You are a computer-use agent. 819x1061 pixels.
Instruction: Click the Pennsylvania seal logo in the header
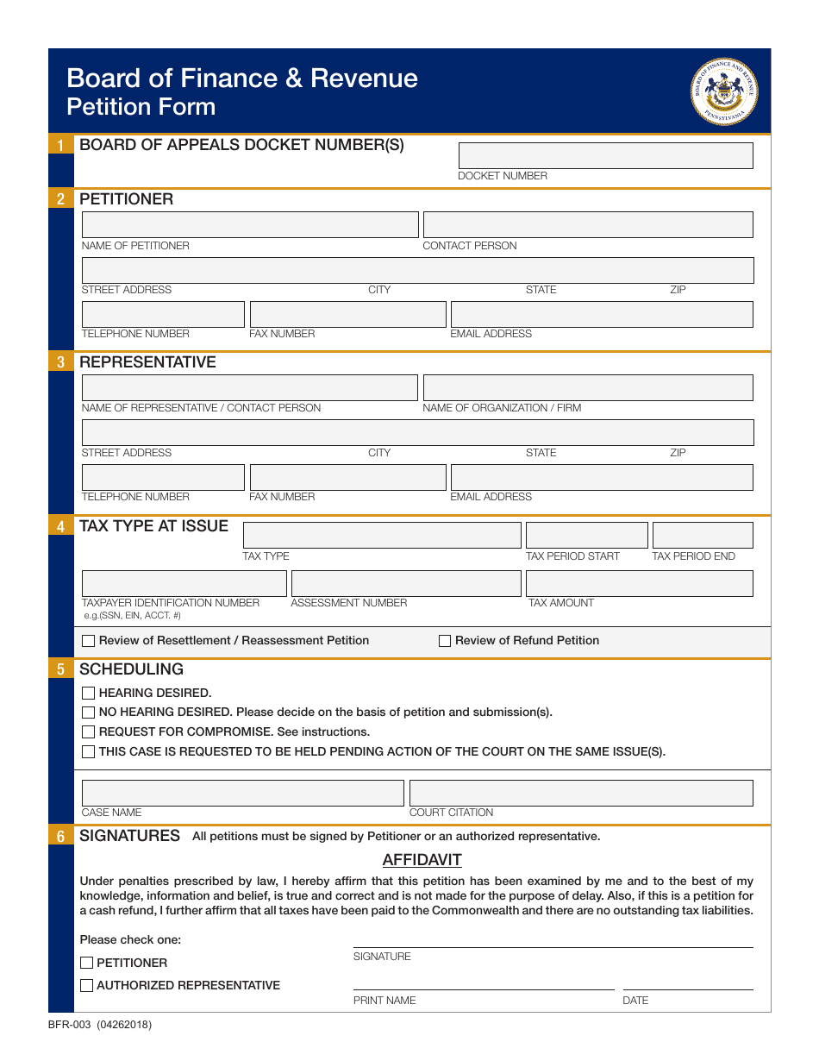point(724,91)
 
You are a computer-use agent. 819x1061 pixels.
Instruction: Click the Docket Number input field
point(605,155)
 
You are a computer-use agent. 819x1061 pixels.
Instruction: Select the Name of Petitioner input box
point(249,224)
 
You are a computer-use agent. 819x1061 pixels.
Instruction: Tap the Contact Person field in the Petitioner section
point(587,224)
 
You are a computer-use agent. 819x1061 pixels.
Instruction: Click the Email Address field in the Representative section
point(601,477)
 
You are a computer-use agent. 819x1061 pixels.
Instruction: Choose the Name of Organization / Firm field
point(587,387)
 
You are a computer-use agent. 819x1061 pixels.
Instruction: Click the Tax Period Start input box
point(586,535)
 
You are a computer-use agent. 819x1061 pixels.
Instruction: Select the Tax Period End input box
point(702,535)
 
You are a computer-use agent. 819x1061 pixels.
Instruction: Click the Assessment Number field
point(406,583)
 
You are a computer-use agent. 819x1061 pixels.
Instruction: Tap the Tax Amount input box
point(639,583)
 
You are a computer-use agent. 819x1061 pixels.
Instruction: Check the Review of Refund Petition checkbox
point(445,641)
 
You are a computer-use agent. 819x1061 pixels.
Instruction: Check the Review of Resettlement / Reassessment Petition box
point(88,641)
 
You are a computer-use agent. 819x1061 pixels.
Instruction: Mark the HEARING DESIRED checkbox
point(88,693)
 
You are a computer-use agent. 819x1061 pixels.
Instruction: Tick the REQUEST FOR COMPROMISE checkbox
point(88,731)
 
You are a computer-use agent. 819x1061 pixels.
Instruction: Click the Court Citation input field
point(580,793)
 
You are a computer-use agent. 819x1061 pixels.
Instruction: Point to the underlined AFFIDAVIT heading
point(422,860)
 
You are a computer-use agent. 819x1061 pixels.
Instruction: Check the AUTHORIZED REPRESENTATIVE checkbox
point(86,985)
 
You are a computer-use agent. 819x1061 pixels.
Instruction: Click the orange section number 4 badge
point(60,526)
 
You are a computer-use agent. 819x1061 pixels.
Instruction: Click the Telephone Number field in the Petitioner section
point(163,314)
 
